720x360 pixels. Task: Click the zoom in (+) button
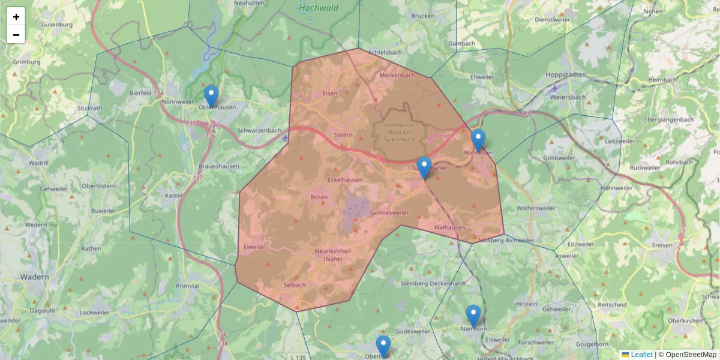pos(16,17)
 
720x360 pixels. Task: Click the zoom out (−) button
pos(16,35)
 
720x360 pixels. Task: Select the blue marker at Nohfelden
pos(478,140)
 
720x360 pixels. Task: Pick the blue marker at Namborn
pos(473,316)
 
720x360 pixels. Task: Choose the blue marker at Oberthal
pos(383,347)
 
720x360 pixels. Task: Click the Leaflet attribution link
pos(641,355)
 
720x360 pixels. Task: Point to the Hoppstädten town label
pos(565,74)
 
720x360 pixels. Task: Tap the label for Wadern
pos(34,277)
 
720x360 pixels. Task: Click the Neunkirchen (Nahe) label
pos(332,254)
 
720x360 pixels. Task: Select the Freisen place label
pos(662,245)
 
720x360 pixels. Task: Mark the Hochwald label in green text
pos(318,8)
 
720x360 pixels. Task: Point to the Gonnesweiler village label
pos(389,213)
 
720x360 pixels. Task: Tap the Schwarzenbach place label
pos(259,130)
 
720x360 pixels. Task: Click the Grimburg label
pos(26,62)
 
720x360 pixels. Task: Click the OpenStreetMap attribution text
pos(690,355)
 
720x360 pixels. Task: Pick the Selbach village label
pos(295,284)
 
